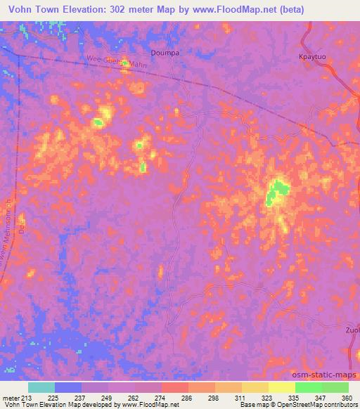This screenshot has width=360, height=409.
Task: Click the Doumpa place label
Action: point(167,53)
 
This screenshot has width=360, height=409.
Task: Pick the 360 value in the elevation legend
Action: point(347,398)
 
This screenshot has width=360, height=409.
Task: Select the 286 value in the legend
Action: point(186,398)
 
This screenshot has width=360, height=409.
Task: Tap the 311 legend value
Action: point(241,398)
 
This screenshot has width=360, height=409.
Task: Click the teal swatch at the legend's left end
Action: point(41,387)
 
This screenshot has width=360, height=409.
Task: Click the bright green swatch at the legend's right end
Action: point(335,387)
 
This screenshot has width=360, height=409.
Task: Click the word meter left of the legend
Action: point(11,398)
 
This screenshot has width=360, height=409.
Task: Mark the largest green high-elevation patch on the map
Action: point(278,191)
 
